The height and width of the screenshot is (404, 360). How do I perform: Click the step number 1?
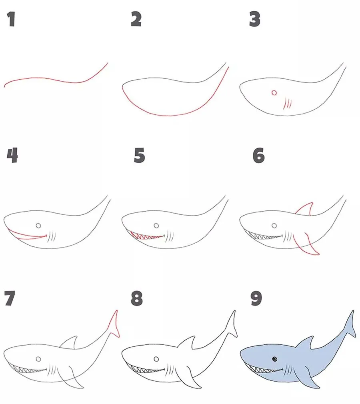coord(11,19)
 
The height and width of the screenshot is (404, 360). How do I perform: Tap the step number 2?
coord(136,19)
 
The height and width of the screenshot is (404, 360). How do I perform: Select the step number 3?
coord(255,19)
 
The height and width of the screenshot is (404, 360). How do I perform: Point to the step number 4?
coord(12,155)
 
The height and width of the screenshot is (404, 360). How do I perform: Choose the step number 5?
coord(140,155)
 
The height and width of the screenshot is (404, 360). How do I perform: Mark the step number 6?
coord(258,155)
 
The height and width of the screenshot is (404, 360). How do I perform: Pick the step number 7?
coord(10,298)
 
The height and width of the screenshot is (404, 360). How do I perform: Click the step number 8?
coord(136,298)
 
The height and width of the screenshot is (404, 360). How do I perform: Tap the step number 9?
coord(256,298)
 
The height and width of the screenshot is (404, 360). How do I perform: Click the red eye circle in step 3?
coord(274,93)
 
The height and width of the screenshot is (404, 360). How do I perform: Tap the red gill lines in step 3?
coord(288,104)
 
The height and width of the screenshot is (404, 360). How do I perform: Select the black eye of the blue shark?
coord(275,359)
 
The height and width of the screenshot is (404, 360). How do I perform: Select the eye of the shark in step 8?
coord(156,359)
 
